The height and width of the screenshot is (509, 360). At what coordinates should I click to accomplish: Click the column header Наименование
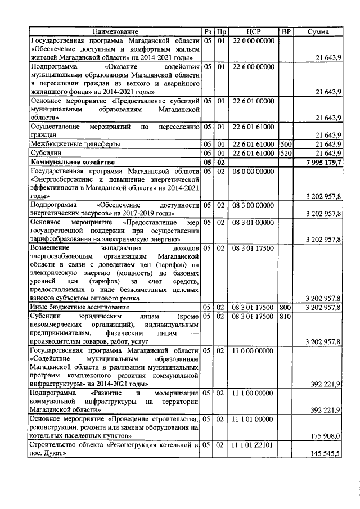pyautogui.click(x=115, y=32)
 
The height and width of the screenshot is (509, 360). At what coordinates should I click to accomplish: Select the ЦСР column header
pyautogui.click(x=253, y=32)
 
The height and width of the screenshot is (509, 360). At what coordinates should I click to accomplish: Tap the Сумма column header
pyautogui.click(x=319, y=32)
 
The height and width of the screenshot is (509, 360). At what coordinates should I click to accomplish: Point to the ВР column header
pyautogui.click(x=286, y=32)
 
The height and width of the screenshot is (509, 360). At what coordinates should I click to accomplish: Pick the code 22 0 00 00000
pyautogui.click(x=253, y=40)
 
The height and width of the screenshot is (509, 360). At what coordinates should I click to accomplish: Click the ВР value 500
pyautogui.click(x=286, y=145)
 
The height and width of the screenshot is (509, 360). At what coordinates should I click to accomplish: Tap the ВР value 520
pyautogui.click(x=286, y=153)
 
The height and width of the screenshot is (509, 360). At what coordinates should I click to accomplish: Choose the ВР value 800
pyautogui.click(x=286, y=307)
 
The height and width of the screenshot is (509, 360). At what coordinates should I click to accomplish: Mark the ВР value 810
pyautogui.click(x=286, y=316)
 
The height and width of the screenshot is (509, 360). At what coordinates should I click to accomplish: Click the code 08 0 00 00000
pyautogui.click(x=253, y=170)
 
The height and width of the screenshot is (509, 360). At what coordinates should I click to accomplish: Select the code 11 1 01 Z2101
pyautogui.click(x=253, y=445)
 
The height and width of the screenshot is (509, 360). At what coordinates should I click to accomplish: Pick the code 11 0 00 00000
pyautogui.click(x=253, y=350)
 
